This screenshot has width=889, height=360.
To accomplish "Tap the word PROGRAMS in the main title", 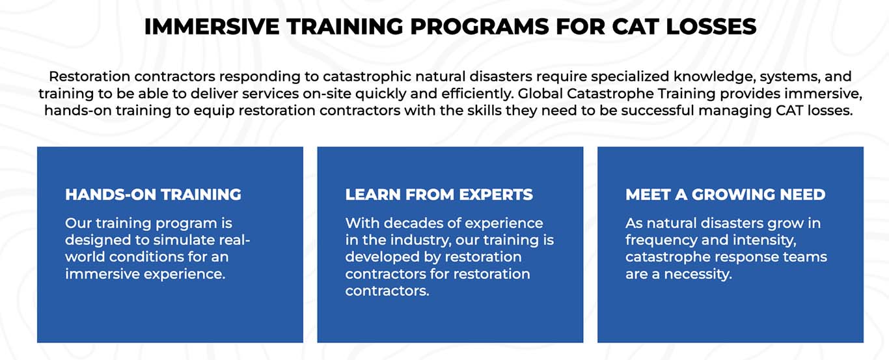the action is (479, 27).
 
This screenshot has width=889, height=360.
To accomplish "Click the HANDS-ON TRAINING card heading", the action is (153, 195).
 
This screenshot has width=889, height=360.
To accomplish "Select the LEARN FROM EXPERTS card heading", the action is (439, 195).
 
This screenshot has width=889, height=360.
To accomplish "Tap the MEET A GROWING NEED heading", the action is (726, 195).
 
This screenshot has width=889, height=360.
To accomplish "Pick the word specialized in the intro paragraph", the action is (629, 77).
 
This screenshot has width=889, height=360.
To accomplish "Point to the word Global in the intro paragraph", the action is (540, 94).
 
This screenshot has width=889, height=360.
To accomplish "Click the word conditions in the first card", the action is (146, 256).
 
